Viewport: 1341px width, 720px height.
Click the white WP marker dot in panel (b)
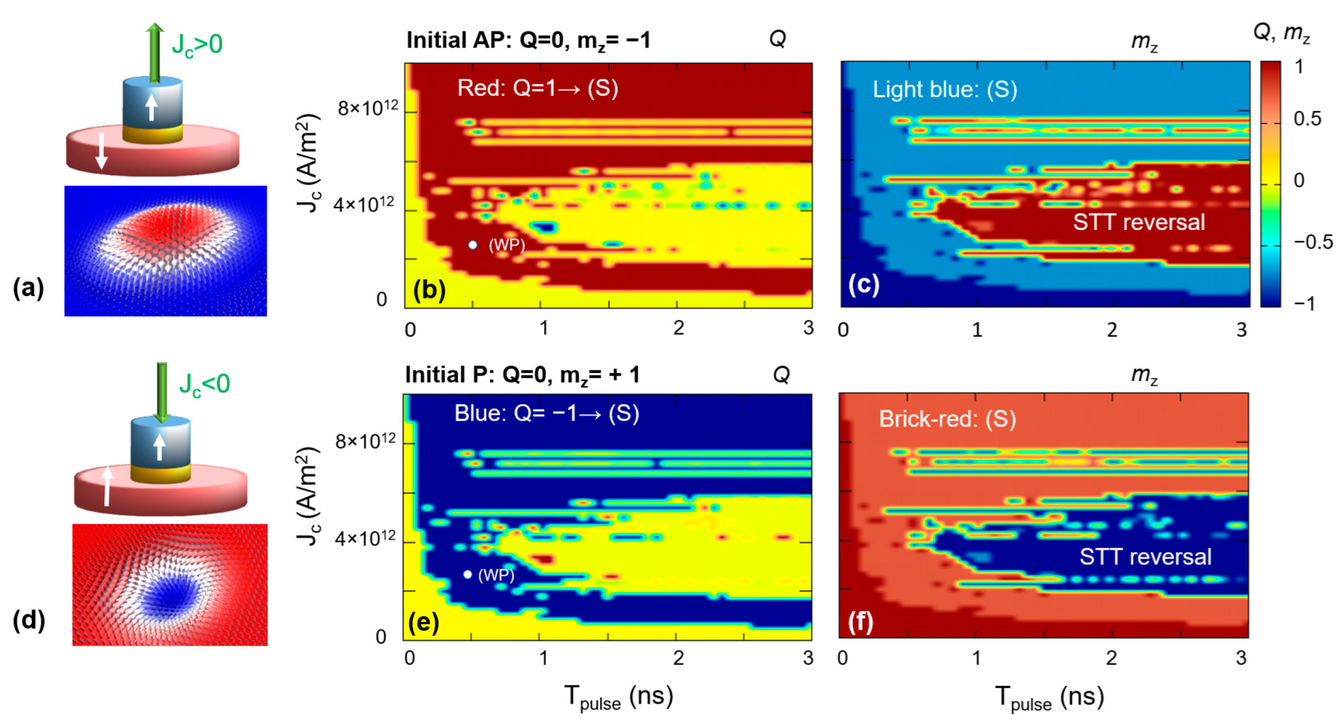[x=473, y=245]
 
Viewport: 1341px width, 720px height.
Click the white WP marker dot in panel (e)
[x=467, y=574]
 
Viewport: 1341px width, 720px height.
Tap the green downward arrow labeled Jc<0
[x=162, y=392]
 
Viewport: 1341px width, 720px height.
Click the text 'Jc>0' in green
[x=197, y=45]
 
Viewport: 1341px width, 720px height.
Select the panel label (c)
[x=863, y=284]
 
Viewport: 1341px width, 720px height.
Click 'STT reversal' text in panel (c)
[x=1138, y=222]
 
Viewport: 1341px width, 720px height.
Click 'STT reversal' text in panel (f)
[x=1144, y=557]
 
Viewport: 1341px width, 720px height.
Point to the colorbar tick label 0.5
[x=1307, y=119]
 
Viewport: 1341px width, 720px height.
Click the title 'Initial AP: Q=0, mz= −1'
[x=528, y=40]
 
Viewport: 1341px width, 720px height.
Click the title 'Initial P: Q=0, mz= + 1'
[x=522, y=375]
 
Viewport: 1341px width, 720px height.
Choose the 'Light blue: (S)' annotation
[x=944, y=89]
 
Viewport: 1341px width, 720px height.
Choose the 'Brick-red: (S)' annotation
[x=947, y=419]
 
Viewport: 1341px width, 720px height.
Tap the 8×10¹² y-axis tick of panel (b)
[x=368, y=109]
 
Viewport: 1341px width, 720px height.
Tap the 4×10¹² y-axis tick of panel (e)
[x=365, y=538]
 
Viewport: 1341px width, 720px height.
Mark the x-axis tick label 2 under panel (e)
[x=678, y=658]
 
